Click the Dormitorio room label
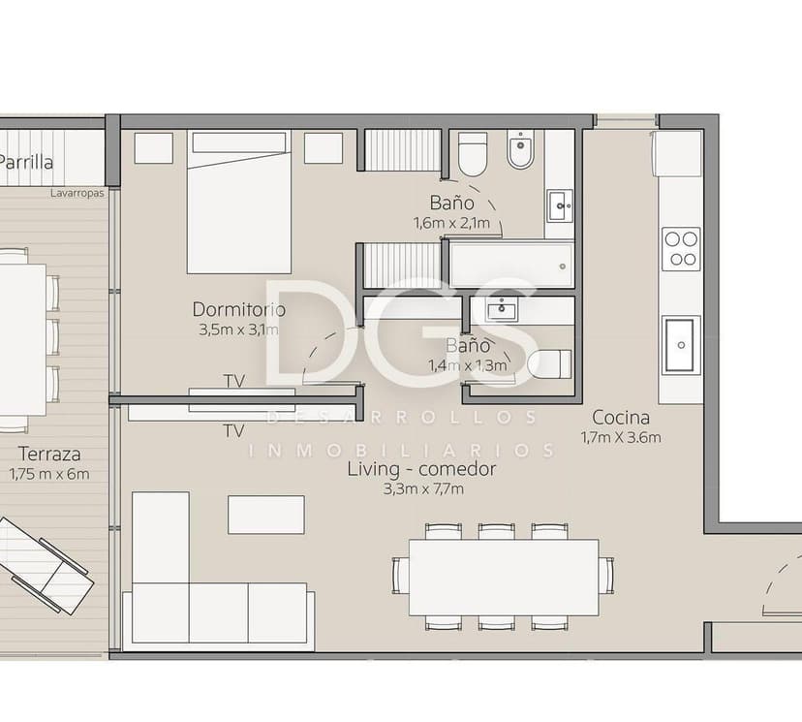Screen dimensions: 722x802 238,310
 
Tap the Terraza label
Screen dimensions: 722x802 47,454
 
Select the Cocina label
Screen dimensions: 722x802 620,418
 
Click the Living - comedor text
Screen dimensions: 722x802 422,469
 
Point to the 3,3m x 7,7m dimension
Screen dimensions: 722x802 423,489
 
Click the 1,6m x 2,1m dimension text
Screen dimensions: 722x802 451,223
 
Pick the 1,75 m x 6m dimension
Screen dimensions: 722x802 48,474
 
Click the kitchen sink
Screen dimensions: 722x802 681,343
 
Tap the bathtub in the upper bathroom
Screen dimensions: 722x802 510,265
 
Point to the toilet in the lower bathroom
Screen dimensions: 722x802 549,364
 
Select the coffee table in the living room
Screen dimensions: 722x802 266,515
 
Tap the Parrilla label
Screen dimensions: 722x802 26,163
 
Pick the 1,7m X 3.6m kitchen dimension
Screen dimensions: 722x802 620,438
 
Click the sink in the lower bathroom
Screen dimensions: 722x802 502,309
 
